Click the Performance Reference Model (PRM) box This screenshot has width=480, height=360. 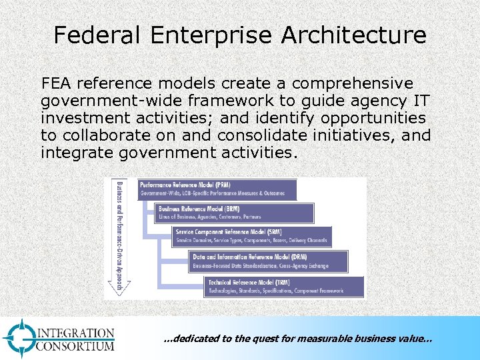tap(217, 189)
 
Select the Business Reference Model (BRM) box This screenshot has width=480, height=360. tap(234, 213)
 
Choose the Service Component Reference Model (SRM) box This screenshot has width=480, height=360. tap(251, 235)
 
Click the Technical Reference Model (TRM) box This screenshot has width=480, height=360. tap(286, 287)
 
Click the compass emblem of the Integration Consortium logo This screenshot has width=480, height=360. tap(19, 337)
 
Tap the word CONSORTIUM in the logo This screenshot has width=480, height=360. tap(75, 346)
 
